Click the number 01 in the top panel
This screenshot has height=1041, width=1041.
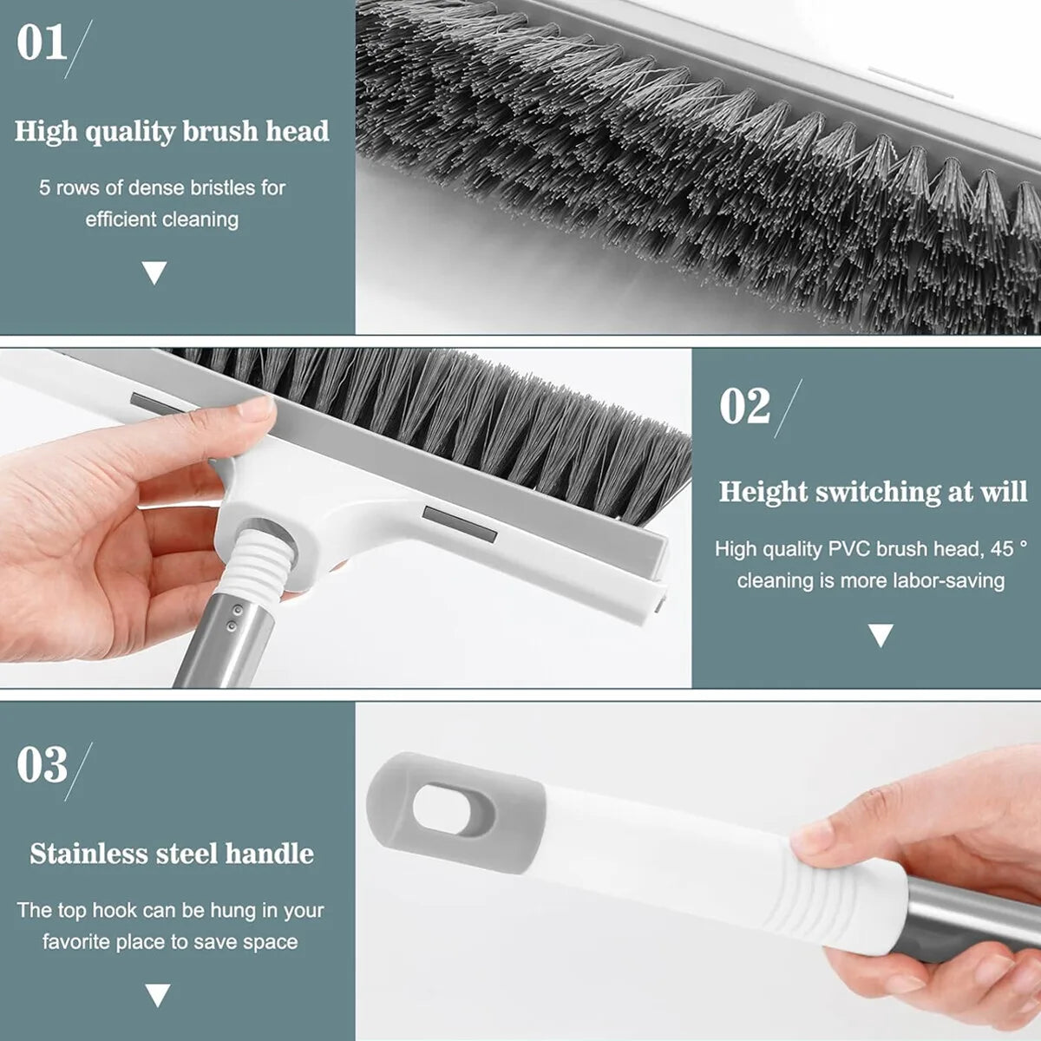[41, 43]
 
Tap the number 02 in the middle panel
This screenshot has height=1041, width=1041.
[744, 407]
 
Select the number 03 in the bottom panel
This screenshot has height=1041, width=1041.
[42, 765]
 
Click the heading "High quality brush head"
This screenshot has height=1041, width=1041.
[172, 132]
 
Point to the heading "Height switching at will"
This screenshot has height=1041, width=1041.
[872, 492]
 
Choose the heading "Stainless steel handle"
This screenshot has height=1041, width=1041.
[172, 854]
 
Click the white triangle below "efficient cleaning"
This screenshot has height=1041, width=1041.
[154, 274]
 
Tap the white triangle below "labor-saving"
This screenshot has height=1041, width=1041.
[881, 636]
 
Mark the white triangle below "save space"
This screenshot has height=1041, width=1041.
[157, 995]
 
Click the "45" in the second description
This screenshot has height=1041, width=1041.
[1002, 549]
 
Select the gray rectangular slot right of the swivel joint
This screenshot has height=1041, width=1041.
[459, 524]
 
